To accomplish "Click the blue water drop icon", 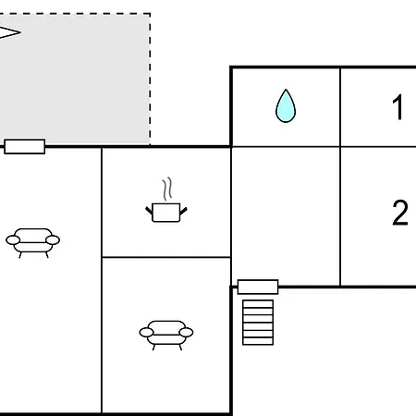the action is pos(286,106).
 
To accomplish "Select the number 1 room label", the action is pos(398,107).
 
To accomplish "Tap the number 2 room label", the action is pos(400,213).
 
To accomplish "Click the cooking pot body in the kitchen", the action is pos(166,213).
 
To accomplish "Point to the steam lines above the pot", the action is pos(167,189).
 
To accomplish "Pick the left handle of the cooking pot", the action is pos(149,210).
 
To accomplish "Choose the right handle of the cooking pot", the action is pos(183,211).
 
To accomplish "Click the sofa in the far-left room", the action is pos(33,242).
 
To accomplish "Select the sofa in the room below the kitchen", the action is pos(166,335).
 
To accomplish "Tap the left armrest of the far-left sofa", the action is pos(13,240).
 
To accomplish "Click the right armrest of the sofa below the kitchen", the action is pos(186,333).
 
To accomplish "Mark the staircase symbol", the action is pos(258,323).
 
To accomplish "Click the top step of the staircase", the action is pos(258,303).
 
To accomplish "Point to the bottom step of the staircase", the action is pos(258,341).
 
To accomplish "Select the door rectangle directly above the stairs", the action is pos(258,287).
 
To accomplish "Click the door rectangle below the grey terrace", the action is pos(25,146).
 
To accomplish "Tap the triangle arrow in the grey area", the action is pos(8,32).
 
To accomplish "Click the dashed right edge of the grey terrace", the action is pos(150,79).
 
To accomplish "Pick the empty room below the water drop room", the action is pos(286,216).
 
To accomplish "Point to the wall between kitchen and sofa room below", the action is pos(166,257).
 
